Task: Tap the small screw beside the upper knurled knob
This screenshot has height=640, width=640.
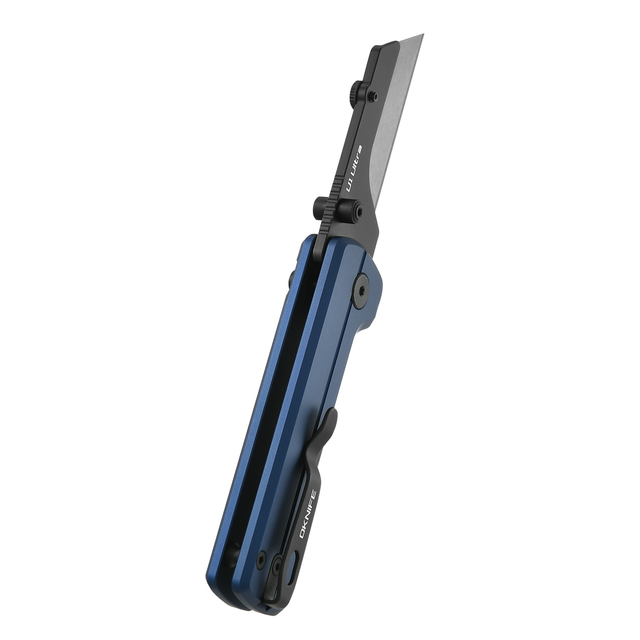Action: [373, 95]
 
